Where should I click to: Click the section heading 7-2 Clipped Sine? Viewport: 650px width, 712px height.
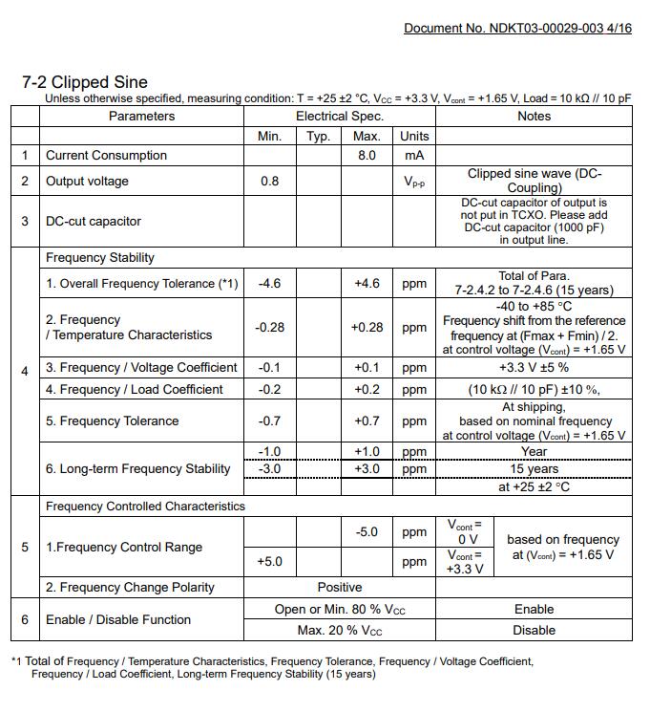[x=85, y=82]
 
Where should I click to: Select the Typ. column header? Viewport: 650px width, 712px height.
[x=318, y=136]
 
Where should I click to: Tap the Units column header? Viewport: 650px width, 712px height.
[x=414, y=136]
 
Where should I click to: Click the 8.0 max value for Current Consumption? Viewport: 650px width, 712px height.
[x=367, y=155]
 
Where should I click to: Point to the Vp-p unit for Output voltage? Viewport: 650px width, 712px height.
[x=414, y=182]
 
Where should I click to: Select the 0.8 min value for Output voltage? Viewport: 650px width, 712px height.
[x=270, y=181]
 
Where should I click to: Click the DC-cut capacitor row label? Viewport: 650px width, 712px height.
[x=94, y=221]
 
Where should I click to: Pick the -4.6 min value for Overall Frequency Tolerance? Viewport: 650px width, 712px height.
[x=270, y=283]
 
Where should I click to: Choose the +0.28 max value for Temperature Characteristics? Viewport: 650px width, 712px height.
[x=367, y=327]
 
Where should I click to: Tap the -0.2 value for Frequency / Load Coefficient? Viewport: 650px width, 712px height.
[x=270, y=389]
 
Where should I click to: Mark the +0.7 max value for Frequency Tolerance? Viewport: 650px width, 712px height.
[x=367, y=421]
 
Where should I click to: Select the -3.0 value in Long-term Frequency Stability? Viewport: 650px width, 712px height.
[x=270, y=468]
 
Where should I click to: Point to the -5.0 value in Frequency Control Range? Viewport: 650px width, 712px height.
[x=367, y=532]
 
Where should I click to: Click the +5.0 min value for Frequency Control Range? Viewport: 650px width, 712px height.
[x=270, y=561]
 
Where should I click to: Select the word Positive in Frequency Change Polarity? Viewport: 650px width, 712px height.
[x=340, y=587]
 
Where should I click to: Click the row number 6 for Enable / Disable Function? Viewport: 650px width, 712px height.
[x=25, y=619]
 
